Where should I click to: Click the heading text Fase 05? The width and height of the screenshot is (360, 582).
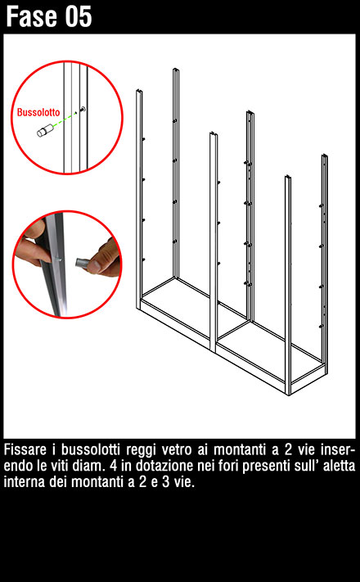pos(48,16)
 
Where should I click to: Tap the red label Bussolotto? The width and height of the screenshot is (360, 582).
pos(38,112)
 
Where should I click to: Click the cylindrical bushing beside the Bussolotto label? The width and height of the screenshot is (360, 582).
pos(45,131)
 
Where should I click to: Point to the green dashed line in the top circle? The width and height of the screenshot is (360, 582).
pos(64,120)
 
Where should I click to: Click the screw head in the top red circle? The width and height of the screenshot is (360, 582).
pos(83,109)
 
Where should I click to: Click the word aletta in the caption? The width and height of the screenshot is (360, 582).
pos(339,466)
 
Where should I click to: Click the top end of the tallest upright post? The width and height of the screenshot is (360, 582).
pos(176,70)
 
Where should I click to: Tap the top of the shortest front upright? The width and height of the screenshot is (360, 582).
pos(288,178)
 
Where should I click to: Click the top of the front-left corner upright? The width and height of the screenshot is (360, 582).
pos(140,91)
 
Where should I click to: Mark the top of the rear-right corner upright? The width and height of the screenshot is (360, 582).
pos(324,156)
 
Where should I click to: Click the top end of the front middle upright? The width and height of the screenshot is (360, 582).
pos(213,133)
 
